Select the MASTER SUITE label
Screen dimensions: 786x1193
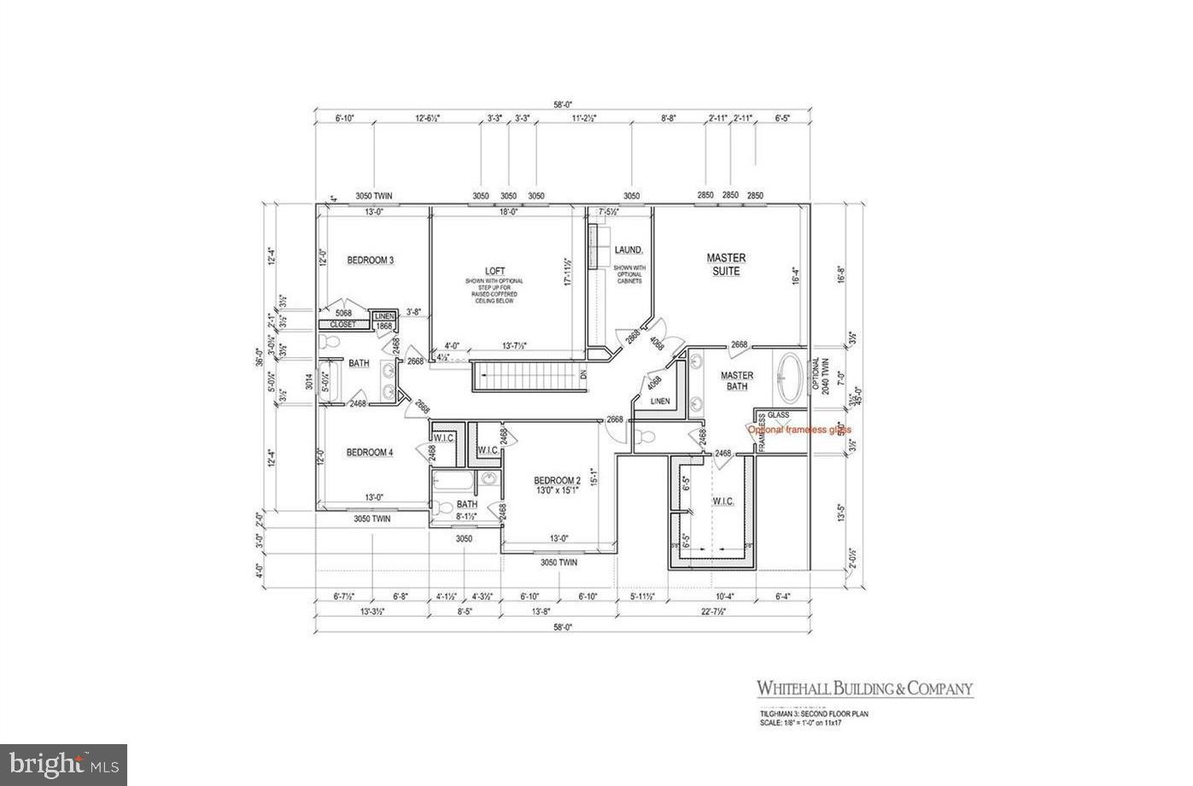point(726,264)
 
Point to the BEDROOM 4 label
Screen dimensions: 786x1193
point(369,453)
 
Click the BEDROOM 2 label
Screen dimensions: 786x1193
point(557,479)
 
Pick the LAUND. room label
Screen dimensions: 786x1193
point(628,249)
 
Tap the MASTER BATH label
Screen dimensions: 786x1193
point(736,381)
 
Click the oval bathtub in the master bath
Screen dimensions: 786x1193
point(791,378)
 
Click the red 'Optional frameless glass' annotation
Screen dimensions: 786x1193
point(800,430)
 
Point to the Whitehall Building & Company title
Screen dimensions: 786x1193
point(864,689)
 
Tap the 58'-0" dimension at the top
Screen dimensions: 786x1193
point(561,104)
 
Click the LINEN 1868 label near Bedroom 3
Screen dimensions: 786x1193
point(384,320)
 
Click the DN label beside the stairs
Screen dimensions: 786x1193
point(583,375)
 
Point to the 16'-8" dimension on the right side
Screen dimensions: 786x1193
point(841,277)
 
